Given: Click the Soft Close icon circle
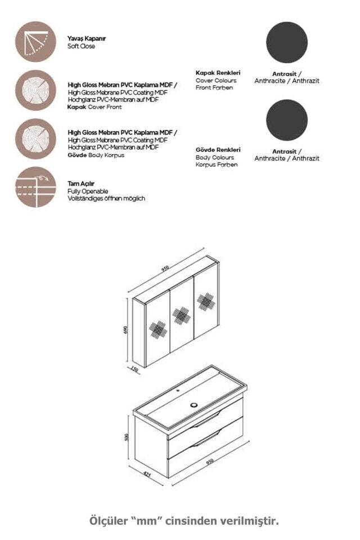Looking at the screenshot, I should [x=35, y=42].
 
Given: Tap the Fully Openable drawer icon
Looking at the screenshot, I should [x=35, y=187].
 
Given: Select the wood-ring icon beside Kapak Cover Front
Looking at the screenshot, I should [x=35, y=90].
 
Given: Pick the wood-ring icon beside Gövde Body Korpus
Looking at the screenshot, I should [x=35, y=138].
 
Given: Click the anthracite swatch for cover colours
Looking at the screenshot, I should [x=287, y=42].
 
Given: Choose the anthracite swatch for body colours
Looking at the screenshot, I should [x=287, y=120].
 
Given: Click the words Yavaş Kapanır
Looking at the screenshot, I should [x=87, y=39].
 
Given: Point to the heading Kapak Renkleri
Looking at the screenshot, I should [x=218, y=73].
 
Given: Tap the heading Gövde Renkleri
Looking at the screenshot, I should [x=218, y=150].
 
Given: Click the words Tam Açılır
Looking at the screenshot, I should [x=81, y=184].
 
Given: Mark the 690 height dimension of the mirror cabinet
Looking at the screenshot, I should [x=126, y=330].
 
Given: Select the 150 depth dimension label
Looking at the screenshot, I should [x=134, y=370].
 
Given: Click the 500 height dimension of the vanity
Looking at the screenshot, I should [x=127, y=437].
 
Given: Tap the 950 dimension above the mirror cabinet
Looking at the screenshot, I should [x=165, y=269].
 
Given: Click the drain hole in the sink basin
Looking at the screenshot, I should [x=195, y=404].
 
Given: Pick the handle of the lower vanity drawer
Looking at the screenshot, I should [x=206, y=441].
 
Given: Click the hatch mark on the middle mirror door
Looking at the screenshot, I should [x=181, y=316].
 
